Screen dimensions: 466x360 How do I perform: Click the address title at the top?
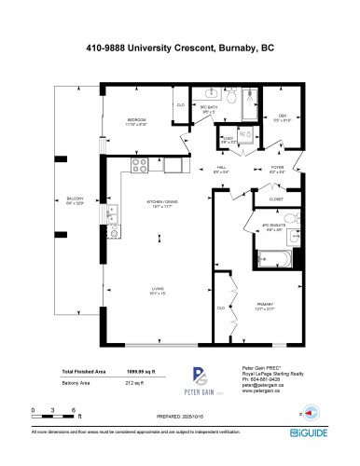point(180,45)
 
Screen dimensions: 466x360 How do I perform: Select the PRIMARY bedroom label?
point(266,305)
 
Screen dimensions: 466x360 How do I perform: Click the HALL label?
point(220,170)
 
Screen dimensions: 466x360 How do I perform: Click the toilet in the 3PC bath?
point(229,96)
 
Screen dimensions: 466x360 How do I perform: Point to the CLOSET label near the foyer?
point(276,199)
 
